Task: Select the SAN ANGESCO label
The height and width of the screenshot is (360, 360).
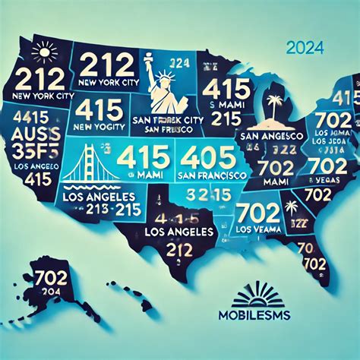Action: pyautogui.click(x=267, y=135)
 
